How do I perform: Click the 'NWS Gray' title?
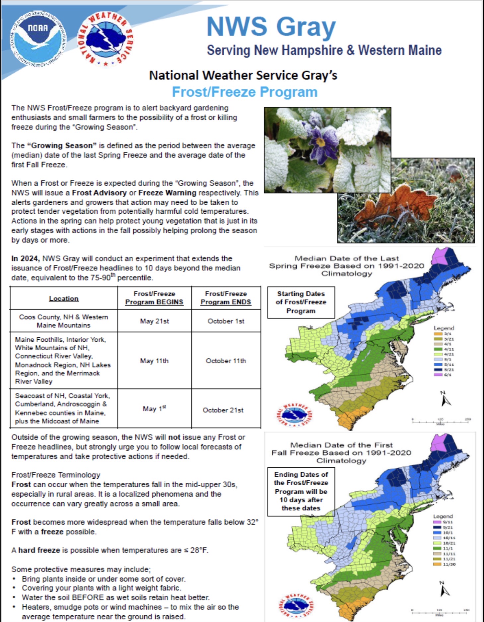point(271,27)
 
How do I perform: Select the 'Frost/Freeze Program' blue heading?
point(244,92)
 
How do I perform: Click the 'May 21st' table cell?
point(154,321)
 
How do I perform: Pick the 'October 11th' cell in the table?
point(226,361)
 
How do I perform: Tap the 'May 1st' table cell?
point(154,409)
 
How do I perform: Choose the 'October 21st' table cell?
point(223,410)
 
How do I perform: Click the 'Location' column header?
point(64,298)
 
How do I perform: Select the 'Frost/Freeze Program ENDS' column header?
point(226,298)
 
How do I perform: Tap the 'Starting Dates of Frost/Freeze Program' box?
point(301,302)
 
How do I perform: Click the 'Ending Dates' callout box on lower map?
point(301,491)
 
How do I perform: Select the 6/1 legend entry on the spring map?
point(443,375)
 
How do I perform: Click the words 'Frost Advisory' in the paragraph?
point(99,193)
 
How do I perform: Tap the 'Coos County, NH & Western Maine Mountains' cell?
point(64,321)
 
